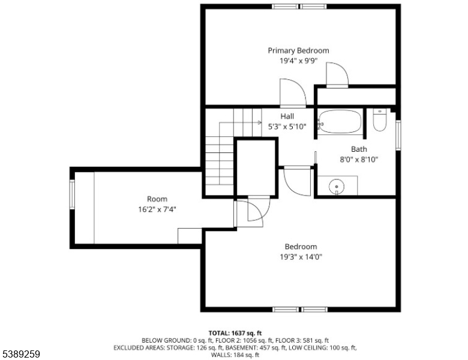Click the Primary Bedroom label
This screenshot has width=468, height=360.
click(x=298, y=51)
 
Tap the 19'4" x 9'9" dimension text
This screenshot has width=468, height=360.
click(x=298, y=61)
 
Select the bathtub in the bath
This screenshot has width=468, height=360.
click(x=340, y=121)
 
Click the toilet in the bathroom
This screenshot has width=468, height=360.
click(x=380, y=120)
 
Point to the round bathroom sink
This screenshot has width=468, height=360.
click(x=337, y=187)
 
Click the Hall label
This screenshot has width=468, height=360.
click(x=287, y=116)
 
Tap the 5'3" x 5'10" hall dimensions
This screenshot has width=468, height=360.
click(x=287, y=127)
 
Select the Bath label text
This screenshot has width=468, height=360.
click(x=359, y=149)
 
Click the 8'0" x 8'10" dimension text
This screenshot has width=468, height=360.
click(x=359, y=160)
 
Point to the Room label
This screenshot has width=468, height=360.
click(x=157, y=199)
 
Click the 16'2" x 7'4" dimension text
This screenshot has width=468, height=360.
click(x=157, y=209)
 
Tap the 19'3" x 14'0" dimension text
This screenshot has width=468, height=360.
click(x=301, y=257)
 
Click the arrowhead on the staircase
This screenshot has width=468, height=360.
click(x=260, y=122)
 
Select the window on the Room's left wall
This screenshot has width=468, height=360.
click(x=72, y=194)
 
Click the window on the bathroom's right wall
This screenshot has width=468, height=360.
click(x=398, y=134)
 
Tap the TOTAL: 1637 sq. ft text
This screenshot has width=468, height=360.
click(x=235, y=333)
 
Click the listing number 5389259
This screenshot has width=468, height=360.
click(x=20, y=354)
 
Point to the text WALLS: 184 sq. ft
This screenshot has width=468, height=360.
click(x=235, y=355)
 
